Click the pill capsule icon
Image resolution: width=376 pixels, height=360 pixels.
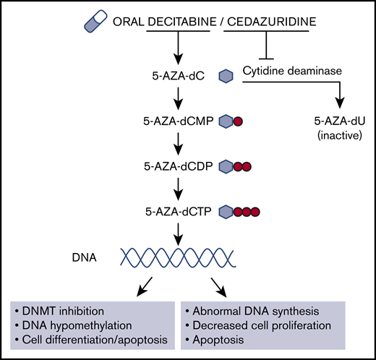tap(95, 23)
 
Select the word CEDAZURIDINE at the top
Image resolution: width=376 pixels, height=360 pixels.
tap(271, 23)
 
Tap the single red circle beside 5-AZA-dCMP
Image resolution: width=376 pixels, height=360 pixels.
tap(238, 122)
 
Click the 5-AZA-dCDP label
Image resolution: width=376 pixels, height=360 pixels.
tap(177, 166)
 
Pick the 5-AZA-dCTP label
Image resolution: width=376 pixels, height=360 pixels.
tap(177, 211)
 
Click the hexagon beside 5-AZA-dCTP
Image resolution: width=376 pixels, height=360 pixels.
tap(226, 211)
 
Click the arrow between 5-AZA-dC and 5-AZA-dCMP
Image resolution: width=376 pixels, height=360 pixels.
tap(176, 98)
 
